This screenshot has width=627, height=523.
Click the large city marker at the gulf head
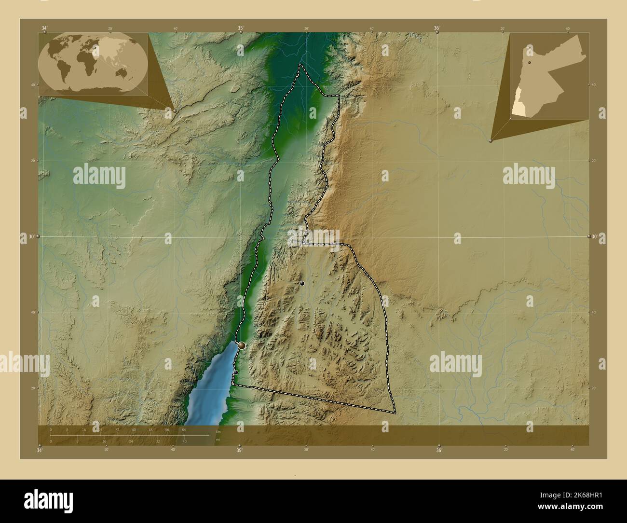pyautogui.click(x=242, y=345)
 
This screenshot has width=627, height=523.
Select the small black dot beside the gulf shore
pyautogui.click(x=236, y=372)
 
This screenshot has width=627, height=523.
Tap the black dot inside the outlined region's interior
pyautogui.click(x=302, y=284)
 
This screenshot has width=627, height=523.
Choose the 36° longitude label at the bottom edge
pyautogui.click(x=438, y=451)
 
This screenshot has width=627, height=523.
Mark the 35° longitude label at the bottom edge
pyautogui.click(x=239, y=451)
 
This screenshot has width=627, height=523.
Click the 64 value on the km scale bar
pyautogui.click(x=184, y=429)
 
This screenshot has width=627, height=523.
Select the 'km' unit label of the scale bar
pyautogui.click(x=218, y=432)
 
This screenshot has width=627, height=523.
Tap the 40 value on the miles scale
pyautogui.click(x=184, y=441)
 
